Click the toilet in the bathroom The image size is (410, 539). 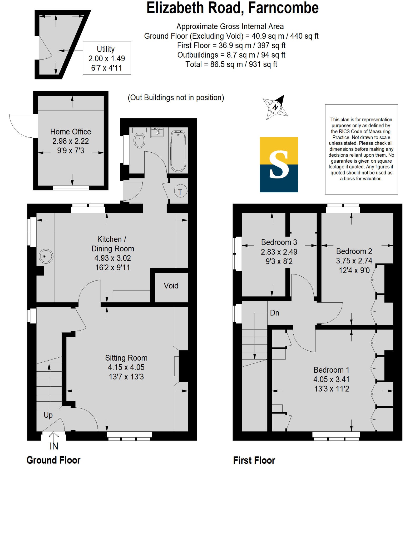tap(139, 140)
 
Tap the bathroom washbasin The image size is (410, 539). tap(157, 132)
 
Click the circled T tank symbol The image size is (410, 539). tap(180, 192)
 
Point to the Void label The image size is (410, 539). tap(171, 286)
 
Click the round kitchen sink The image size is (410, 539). tap(46, 256)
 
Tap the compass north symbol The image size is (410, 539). tap(275, 107)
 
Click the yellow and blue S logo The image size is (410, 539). tap(279, 165)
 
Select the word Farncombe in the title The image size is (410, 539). tap(283, 8)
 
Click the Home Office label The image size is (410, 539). tap(71, 132)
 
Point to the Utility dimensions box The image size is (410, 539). tap(107, 58)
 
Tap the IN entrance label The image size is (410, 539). tap(54, 446)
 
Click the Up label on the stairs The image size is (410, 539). tap(48, 415)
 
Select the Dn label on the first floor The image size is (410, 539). tap(274, 313)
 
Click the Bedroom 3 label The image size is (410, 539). tap(279, 242)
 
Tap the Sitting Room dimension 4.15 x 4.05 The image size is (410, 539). tap(126, 367)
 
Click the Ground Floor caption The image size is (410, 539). tap(53, 460)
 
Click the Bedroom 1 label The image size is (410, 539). tap(331, 370)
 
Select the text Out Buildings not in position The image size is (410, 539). tap(176, 98)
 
